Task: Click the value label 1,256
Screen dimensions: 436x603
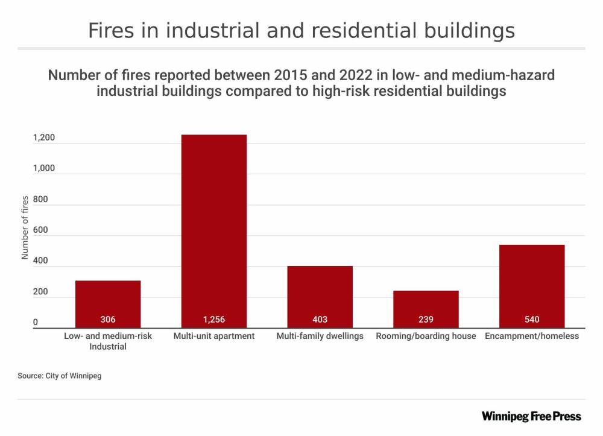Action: (x=214, y=320)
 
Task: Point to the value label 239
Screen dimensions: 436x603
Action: (x=426, y=320)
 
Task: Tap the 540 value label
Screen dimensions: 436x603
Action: (x=532, y=320)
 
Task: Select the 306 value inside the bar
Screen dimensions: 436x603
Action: (x=108, y=320)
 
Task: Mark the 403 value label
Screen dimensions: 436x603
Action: (x=320, y=320)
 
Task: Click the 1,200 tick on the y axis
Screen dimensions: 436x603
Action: (x=44, y=138)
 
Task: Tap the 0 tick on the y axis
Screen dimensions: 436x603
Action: (x=36, y=323)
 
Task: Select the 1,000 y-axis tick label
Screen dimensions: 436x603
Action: (x=44, y=169)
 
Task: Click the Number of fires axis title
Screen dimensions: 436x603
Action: (x=25, y=227)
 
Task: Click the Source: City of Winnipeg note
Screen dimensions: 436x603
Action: (x=60, y=376)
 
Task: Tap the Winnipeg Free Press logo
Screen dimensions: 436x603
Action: (x=531, y=416)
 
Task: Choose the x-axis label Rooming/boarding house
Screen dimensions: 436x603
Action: (x=426, y=336)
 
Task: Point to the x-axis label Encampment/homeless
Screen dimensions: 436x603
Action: (x=532, y=336)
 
